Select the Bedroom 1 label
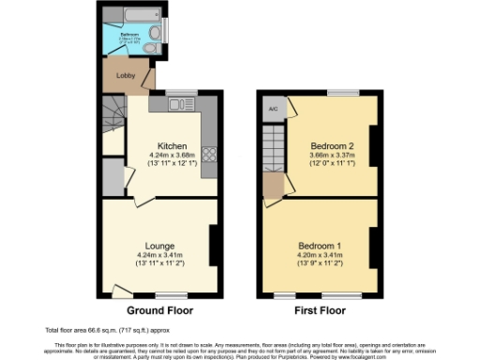tap(319, 246)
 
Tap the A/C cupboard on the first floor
tap(272, 107)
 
